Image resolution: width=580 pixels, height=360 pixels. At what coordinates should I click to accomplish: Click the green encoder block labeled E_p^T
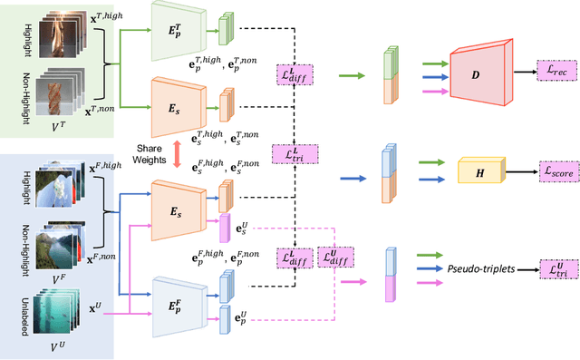179,34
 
